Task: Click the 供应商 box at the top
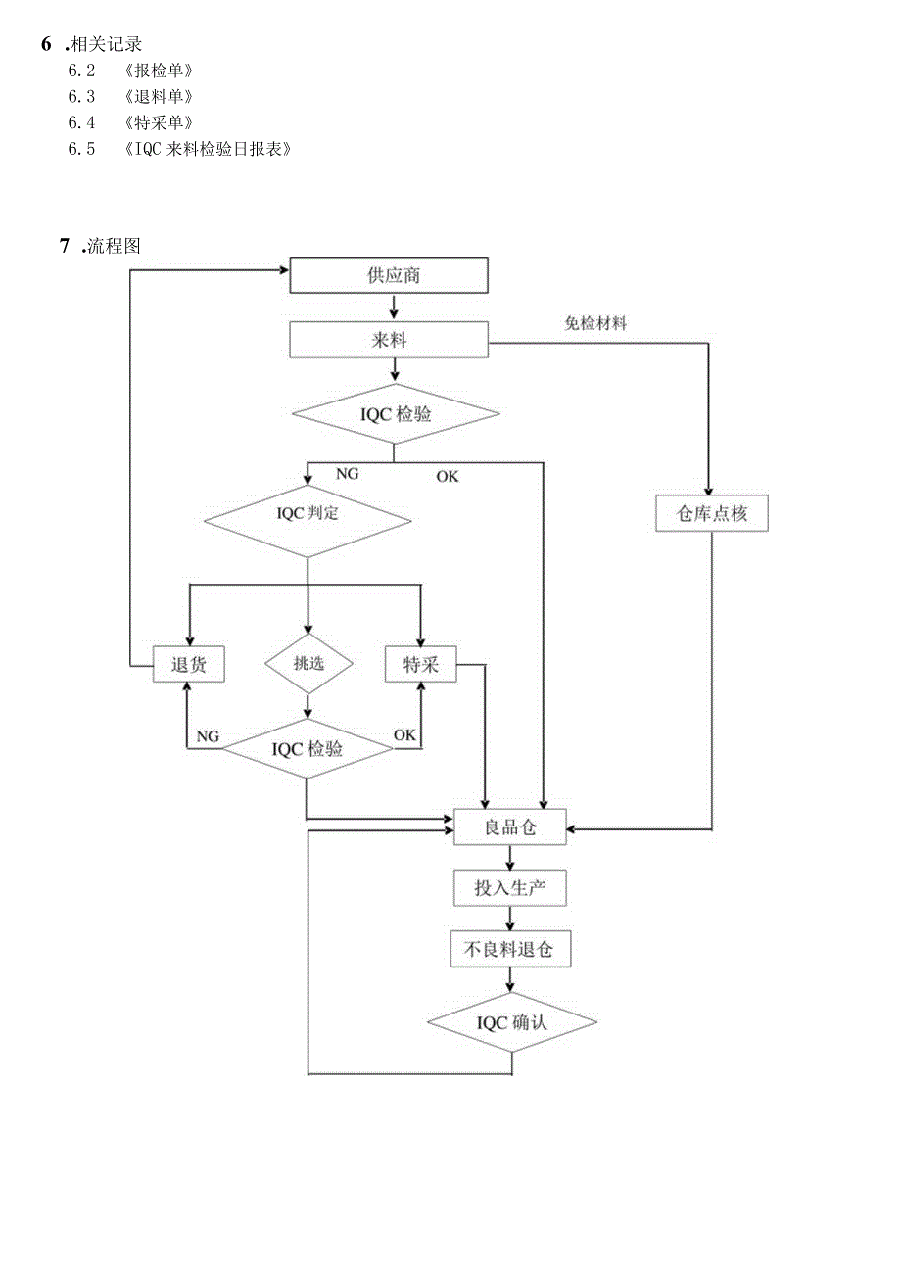pos(389,275)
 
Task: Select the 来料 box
pos(389,341)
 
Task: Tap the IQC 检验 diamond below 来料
pos(393,414)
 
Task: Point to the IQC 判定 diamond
pos(308,513)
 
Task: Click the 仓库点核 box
pos(711,513)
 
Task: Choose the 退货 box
pos(189,665)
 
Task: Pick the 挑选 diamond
pos(308,663)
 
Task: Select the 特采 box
pos(421,665)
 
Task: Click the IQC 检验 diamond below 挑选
pos(308,749)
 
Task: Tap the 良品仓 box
pos(509,827)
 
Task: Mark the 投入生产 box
pos(510,888)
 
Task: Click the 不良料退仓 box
pos(510,949)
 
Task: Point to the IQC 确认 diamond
pos(511,1022)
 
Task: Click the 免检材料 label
pos(595,323)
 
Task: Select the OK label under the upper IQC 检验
pos(447,477)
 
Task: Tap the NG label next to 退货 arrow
pos(208,735)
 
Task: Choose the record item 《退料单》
pos(159,96)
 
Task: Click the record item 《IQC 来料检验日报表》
pos(209,149)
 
